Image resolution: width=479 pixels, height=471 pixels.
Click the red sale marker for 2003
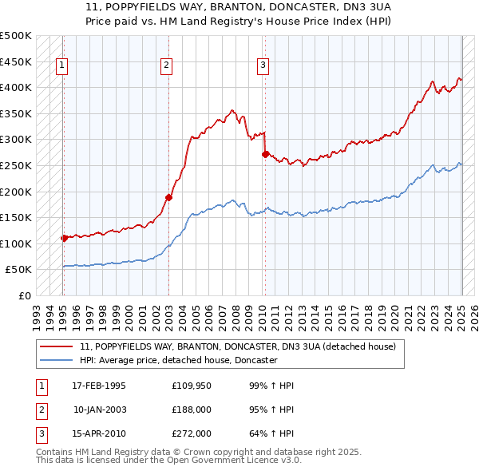coord(169,197)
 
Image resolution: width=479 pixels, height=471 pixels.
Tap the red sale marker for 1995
coord(64,238)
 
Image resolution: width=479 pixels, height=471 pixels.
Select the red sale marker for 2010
coord(265,154)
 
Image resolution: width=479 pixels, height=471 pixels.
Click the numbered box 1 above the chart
coord(62,66)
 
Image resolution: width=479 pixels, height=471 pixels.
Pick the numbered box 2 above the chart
coord(166,66)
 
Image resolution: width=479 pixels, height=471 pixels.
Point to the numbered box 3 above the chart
coord(263,66)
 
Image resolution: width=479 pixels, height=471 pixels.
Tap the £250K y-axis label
coord(16,165)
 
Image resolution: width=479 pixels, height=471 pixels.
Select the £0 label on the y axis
coord(24,295)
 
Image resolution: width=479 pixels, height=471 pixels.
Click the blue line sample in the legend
coord(56,360)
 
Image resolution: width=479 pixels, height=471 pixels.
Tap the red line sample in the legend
coord(56,347)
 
